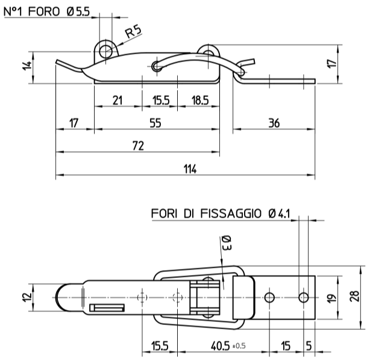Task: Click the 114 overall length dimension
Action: (x=189, y=169)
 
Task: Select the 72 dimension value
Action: (x=137, y=147)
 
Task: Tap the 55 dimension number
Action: (x=155, y=124)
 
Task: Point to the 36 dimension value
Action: (x=274, y=124)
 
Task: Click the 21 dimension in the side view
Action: (x=118, y=101)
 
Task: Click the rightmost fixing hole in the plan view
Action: (x=304, y=297)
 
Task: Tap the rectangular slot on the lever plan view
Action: (x=107, y=308)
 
